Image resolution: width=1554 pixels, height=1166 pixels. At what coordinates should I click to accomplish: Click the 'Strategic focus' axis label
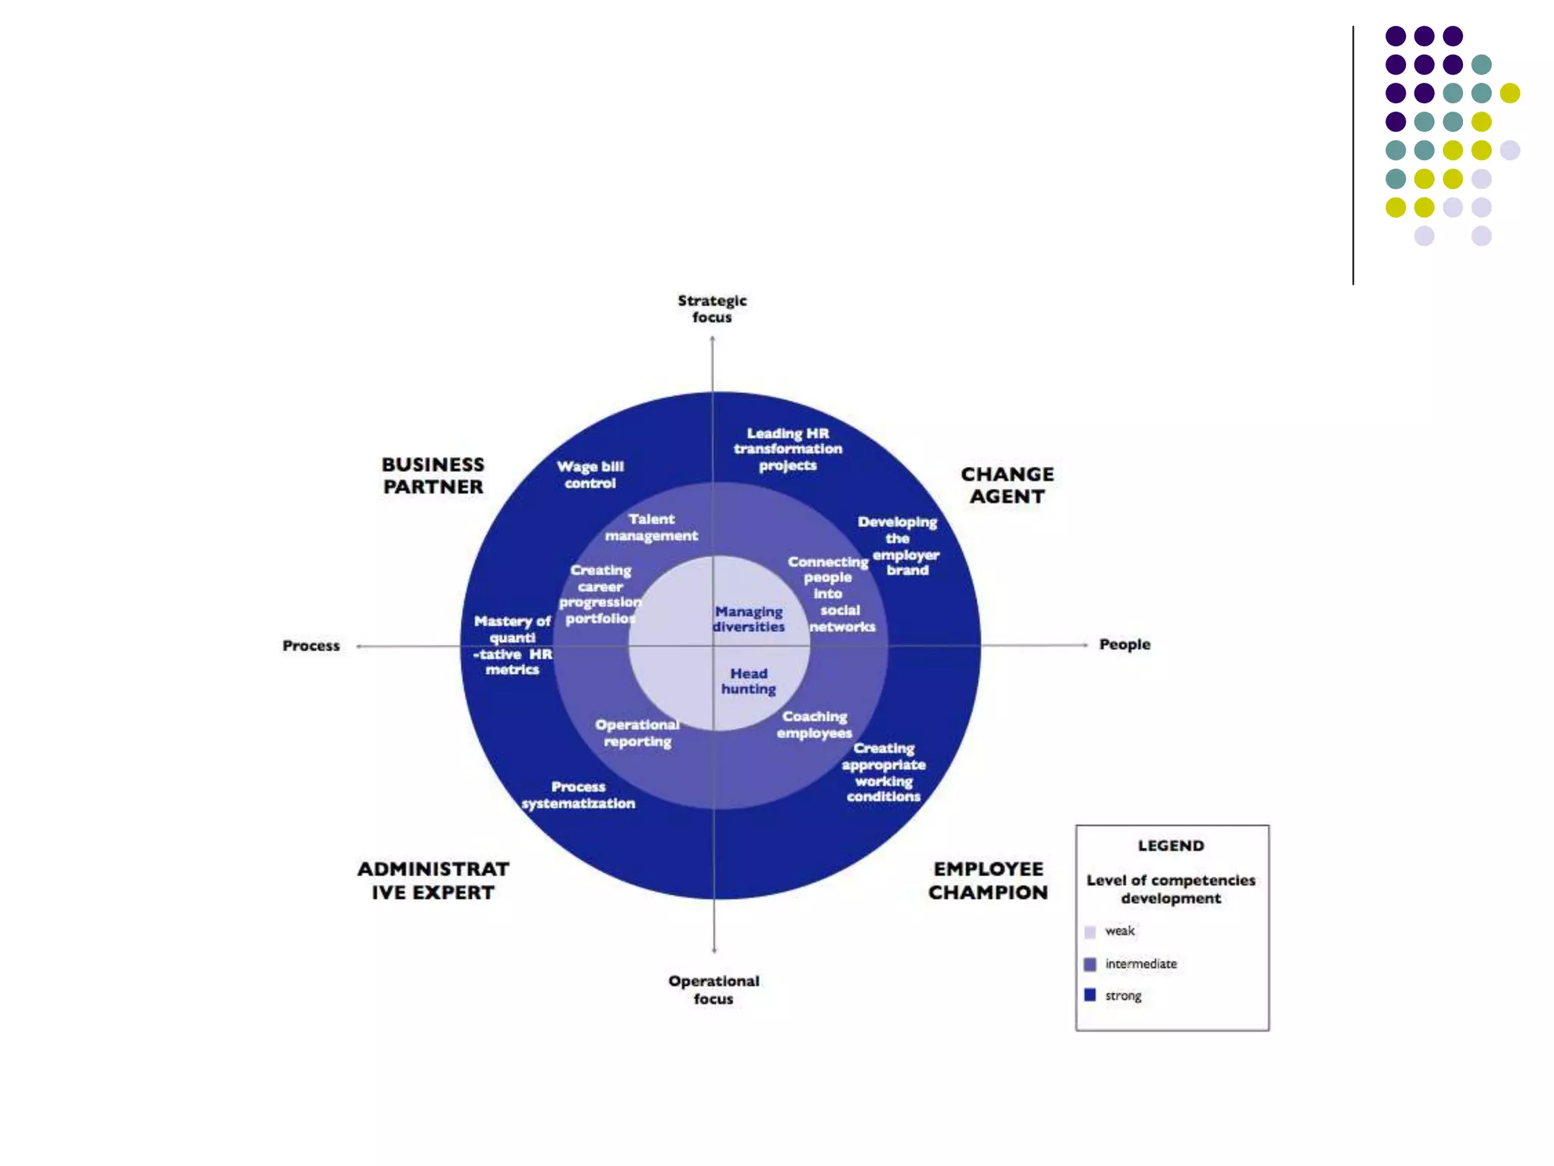pyautogui.click(x=712, y=309)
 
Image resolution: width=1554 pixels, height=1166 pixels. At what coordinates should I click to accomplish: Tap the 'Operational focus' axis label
pyautogui.click(x=713, y=990)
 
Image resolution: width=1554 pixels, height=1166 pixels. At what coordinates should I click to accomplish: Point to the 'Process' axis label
pyautogui.click(x=311, y=646)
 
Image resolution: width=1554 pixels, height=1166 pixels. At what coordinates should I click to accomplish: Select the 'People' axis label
pyautogui.click(x=1125, y=644)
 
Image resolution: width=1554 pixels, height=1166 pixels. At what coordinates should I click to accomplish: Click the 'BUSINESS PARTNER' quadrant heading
pyautogui.click(x=433, y=476)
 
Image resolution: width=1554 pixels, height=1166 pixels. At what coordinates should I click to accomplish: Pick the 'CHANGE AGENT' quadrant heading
pyautogui.click(x=1007, y=485)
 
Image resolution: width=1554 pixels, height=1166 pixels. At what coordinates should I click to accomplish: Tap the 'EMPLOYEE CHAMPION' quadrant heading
pyautogui.click(x=988, y=881)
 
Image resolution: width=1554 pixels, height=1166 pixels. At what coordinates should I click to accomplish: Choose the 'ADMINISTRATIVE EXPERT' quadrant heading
pyautogui.click(x=433, y=881)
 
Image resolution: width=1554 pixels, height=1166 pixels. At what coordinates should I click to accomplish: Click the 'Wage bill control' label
pyautogui.click(x=590, y=474)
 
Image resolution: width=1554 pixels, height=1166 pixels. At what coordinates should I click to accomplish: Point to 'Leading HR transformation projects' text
pyautogui.click(x=788, y=449)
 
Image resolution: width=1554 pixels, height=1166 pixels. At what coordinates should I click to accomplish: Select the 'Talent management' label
pyautogui.click(x=651, y=528)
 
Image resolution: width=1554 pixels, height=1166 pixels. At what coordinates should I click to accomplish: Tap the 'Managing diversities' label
pyautogui.click(x=749, y=619)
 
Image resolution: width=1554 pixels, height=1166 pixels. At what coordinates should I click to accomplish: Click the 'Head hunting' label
pyautogui.click(x=749, y=681)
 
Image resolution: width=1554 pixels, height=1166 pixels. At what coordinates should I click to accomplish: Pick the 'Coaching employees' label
pyautogui.click(x=814, y=725)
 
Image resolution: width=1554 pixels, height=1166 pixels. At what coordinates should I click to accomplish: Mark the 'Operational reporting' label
pyautogui.click(x=637, y=733)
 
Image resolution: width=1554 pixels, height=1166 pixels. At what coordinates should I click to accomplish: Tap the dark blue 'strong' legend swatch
pyautogui.click(x=1090, y=995)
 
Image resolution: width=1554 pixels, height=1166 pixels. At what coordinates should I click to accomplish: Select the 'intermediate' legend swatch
pyautogui.click(x=1090, y=964)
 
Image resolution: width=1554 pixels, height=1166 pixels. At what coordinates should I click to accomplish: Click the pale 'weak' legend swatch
pyautogui.click(x=1090, y=931)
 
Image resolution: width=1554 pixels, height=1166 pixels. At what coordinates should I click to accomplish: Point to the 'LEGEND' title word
pyautogui.click(x=1171, y=846)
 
